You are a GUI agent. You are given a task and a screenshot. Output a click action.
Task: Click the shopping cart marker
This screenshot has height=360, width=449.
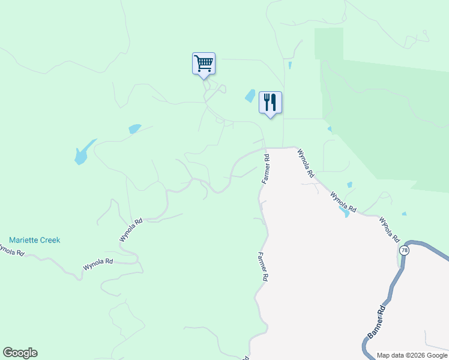[203, 64]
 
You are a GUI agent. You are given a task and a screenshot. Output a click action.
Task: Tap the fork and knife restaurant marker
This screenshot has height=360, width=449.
[270, 102]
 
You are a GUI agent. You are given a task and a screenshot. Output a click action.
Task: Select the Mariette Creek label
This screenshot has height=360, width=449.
[35, 240]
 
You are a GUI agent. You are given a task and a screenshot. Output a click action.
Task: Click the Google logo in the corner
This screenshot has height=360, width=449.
[20, 353]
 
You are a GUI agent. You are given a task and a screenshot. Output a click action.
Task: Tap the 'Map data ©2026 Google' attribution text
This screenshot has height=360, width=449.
[412, 355]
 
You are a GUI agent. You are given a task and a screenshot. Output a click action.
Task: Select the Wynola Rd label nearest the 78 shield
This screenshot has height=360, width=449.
[389, 229]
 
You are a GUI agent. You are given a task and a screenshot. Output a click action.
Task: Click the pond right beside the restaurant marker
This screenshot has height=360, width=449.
[250, 95]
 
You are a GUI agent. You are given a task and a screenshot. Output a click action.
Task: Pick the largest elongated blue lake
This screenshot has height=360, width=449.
[83, 152]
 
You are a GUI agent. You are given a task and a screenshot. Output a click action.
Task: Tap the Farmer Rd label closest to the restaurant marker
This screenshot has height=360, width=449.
[266, 169]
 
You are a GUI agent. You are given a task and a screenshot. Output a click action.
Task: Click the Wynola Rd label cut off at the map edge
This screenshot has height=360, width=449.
[11, 249]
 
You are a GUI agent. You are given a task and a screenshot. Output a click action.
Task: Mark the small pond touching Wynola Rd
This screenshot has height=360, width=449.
[344, 211]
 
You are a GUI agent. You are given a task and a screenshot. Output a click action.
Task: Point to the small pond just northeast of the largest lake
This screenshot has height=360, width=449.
[134, 128]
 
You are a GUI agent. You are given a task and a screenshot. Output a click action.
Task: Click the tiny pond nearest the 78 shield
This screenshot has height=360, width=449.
[404, 214]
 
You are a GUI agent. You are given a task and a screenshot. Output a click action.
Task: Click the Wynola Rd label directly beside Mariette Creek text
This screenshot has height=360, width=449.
[130, 230]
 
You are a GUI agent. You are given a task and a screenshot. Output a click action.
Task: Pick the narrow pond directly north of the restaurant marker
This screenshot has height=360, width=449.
[290, 65]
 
